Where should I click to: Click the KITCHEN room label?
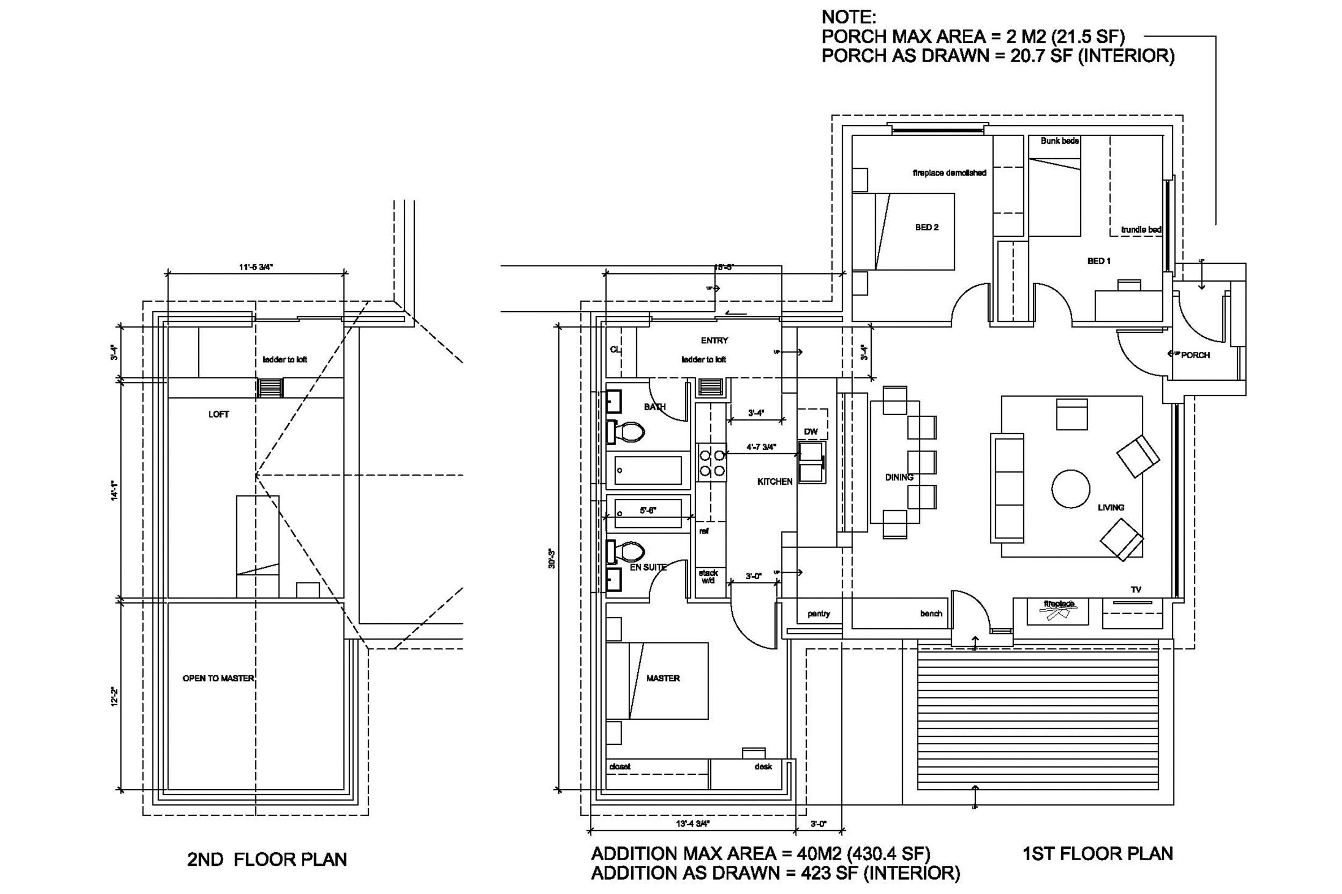point(774,482)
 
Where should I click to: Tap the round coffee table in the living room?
point(1070,489)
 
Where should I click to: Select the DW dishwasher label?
point(811,432)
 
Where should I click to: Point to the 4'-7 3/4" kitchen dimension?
point(761,447)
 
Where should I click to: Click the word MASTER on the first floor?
point(663,678)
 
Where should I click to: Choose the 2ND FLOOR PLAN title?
point(267,859)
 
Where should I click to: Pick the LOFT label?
point(218,415)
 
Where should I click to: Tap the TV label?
point(1136,589)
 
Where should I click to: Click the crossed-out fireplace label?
point(1059,604)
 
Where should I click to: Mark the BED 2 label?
point(927,227)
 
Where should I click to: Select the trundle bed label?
point(1141,230)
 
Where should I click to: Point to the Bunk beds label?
point(1060,141)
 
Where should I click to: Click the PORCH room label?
point(1195,355)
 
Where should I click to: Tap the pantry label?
point(819,614)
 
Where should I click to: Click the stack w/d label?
point(708,577)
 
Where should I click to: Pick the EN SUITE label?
point(647,567)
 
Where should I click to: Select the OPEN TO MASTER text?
point(218,678)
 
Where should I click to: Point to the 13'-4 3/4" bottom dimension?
point(692,823)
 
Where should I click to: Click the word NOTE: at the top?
point(849,17)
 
